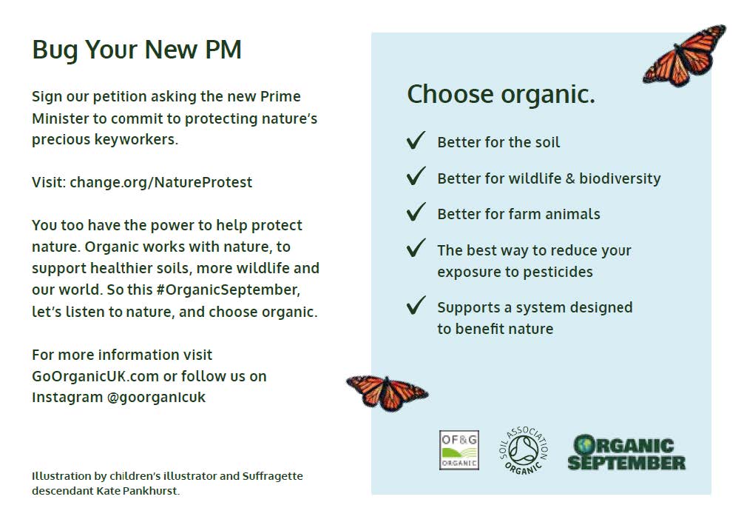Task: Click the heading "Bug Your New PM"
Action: tap(137, 50)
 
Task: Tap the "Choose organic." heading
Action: tap(501, 95)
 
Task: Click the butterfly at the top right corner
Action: tap(685, 56)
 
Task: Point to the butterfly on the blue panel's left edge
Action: tap(388, 392)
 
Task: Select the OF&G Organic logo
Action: tap(459, 450)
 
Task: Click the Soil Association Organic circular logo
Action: tap(524, 450)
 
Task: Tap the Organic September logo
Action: tap(626, 452)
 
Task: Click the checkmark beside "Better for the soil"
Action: tap(416, 141)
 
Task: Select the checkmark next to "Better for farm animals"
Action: tap(416, 212)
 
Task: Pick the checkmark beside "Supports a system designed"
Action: tap(416, 306)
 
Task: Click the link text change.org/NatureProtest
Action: tap(160, 182)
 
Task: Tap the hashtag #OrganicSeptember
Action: tap(228, 290)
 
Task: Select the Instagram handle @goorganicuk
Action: tap(156, 398)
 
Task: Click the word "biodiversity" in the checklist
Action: tap(620, 178)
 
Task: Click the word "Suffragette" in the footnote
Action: tap(272, 476)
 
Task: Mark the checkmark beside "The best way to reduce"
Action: tap(416, 248)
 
